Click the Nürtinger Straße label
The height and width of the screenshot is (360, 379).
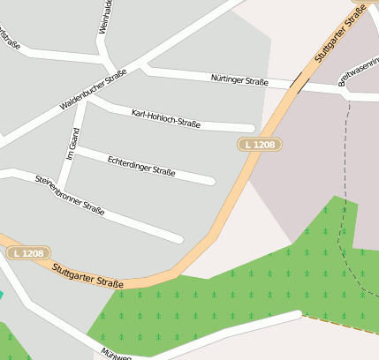pos(239,80)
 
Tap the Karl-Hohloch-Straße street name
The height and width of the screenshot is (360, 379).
pos(165,118)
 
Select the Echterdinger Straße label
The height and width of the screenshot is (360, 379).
pos(140,165)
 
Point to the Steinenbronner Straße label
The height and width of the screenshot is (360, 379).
pos(70,194)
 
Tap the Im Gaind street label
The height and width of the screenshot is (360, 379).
pos(74,145)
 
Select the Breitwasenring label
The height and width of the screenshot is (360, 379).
pos(359,71)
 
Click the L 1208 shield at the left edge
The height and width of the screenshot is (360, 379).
pos(28,253)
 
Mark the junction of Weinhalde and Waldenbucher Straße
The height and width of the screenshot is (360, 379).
pos(110,67)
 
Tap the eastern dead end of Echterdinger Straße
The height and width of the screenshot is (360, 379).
pos(211,182)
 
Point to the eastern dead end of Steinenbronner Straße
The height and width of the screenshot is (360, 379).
pos(179,238)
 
